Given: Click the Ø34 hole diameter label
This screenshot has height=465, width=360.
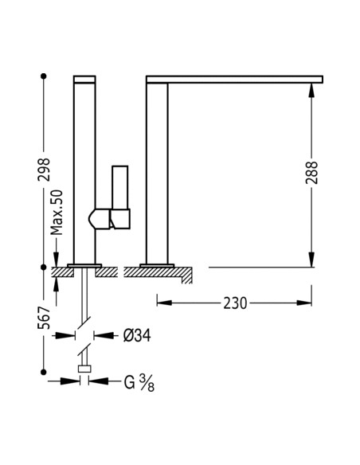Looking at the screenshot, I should coord(137,335).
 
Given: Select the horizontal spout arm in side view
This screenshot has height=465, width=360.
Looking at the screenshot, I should coord(235,80).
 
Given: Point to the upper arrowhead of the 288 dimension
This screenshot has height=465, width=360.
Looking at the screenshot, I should coord(310,89).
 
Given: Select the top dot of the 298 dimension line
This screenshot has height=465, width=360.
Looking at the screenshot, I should coord(44,76).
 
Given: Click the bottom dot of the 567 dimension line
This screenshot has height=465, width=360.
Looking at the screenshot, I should coord(44,369).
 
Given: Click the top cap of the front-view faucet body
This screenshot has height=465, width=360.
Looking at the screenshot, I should coord(84,80).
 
